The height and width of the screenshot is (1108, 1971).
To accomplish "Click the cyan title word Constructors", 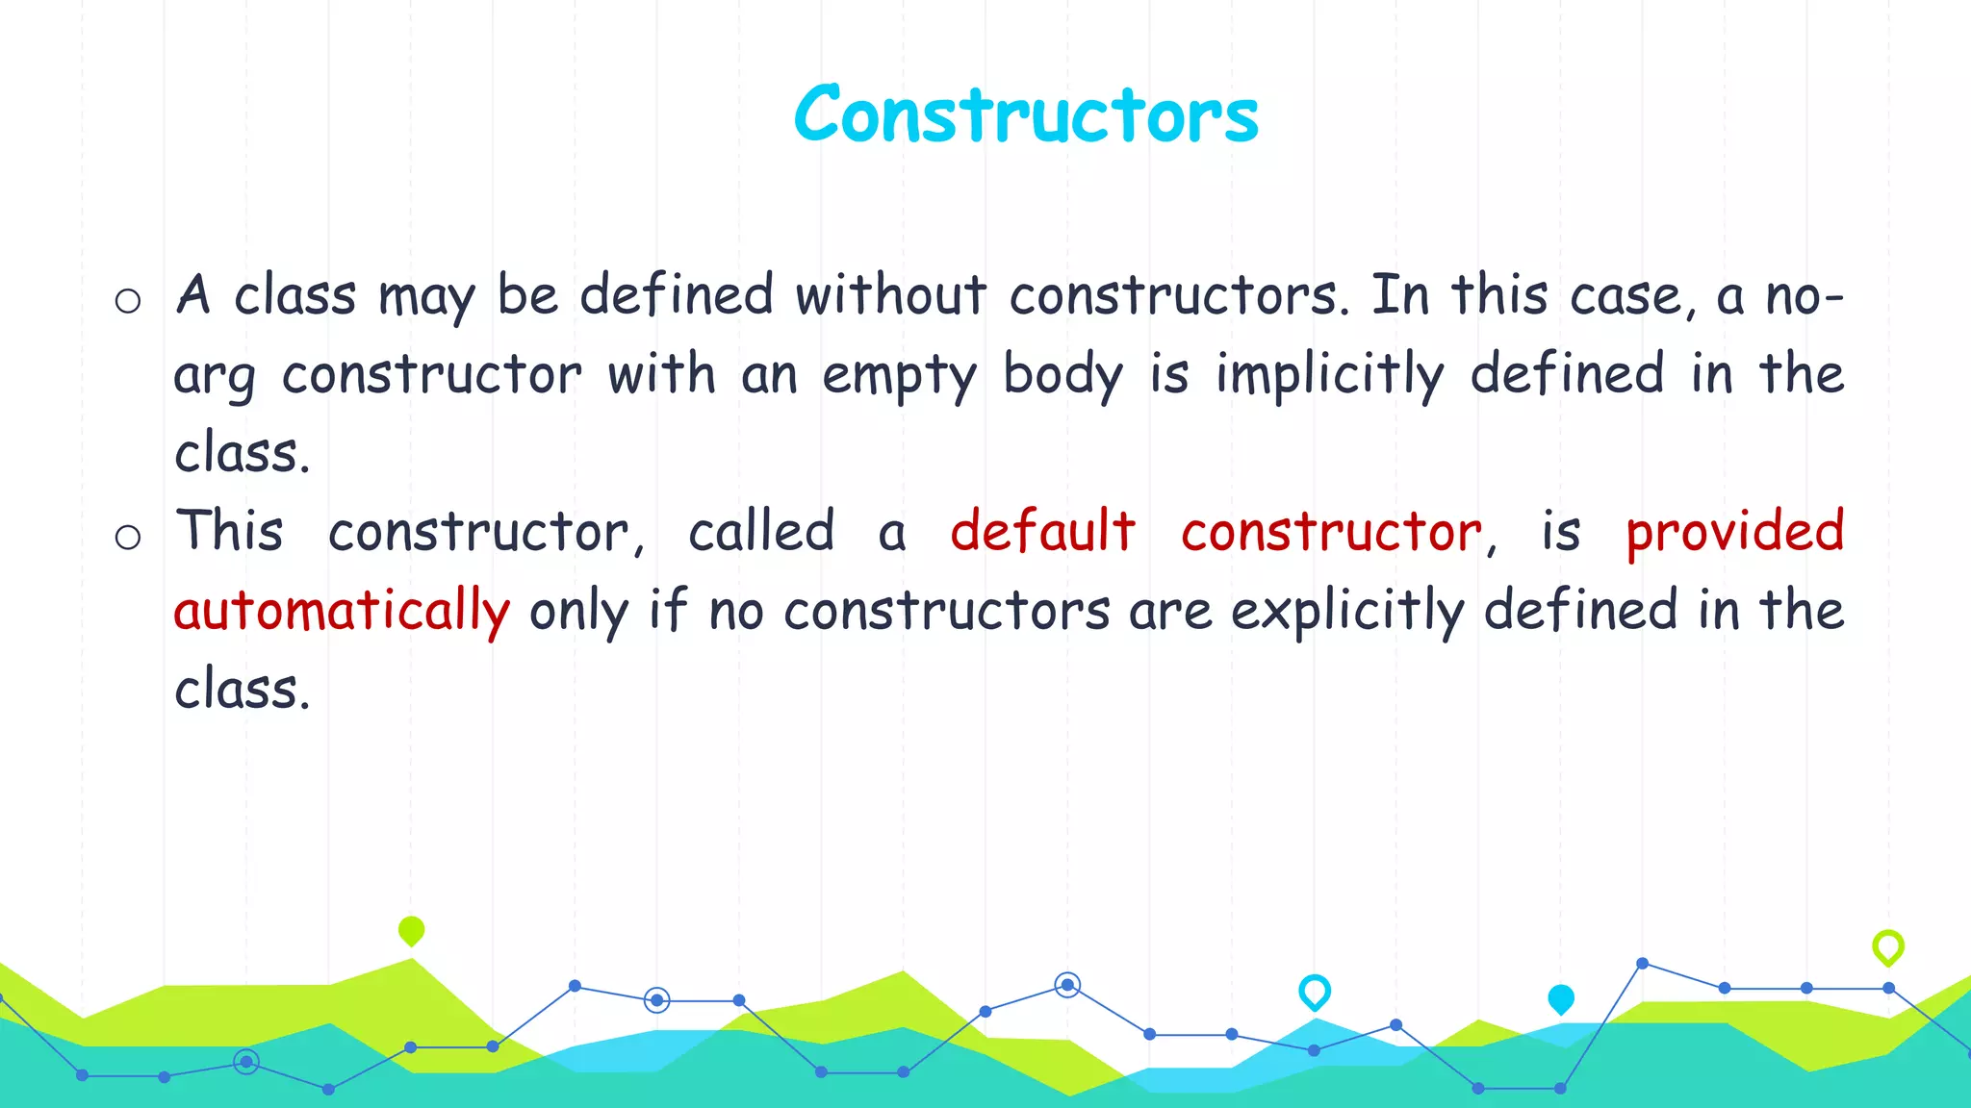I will (x=1026, y=115).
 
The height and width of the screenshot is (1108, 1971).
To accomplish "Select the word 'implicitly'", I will (x=1329, y=375).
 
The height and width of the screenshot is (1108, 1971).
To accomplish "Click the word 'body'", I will (x=1062, y=375).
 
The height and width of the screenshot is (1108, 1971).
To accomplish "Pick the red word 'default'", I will (x=1042, y=531).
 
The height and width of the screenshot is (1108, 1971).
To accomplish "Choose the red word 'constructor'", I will (x=1332, y=533).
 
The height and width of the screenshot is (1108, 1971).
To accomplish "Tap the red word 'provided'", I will (x=1734, y=533).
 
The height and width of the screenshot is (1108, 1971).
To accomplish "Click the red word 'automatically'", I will (x=342, y=612).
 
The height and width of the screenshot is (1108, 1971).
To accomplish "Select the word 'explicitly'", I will (x=1347, y=612).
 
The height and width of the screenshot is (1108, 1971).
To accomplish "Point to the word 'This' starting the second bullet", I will (x=229, y=531).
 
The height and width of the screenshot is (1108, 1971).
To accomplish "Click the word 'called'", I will (x=760, y=531).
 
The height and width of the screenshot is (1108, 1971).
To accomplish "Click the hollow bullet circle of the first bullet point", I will (x=128, y=302).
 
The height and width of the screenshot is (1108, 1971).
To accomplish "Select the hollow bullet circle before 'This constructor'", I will (x=128, y=537).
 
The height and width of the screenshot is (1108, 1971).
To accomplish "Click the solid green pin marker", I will (x=411, y=930).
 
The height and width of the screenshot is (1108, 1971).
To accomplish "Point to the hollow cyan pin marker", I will (x=1315, y=991).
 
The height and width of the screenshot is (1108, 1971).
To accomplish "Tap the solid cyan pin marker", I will (x=1561, y=999).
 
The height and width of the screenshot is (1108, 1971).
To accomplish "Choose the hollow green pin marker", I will (x=1888, y=947).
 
